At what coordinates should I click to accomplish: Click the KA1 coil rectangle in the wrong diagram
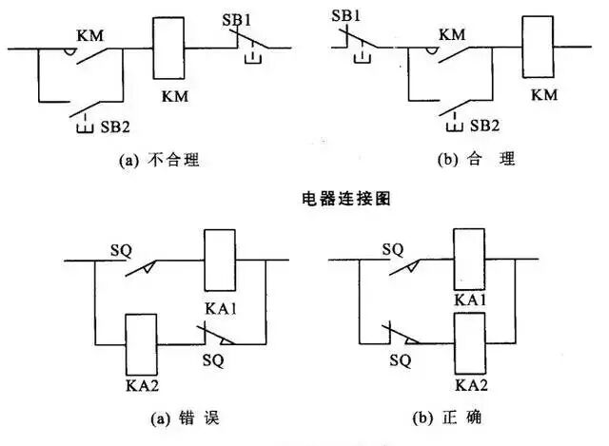tap(220, 259)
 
